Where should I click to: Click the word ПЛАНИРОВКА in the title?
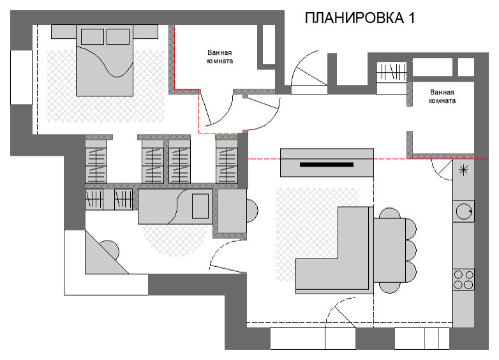[x=352, y=18]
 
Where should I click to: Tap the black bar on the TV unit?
[x=327, y=165]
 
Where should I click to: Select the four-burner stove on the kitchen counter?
[x=463, y=278]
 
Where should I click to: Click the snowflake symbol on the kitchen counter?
[x=463, y=170]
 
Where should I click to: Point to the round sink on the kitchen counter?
[x=463, y=210]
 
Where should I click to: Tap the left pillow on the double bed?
[x=92, y=36]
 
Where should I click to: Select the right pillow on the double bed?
[x=118, y=36]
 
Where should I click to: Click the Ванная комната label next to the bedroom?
[x=220, y=57]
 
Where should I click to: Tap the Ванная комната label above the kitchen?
[x=442, y=96]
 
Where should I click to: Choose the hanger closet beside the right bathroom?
[x=392, y=71]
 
